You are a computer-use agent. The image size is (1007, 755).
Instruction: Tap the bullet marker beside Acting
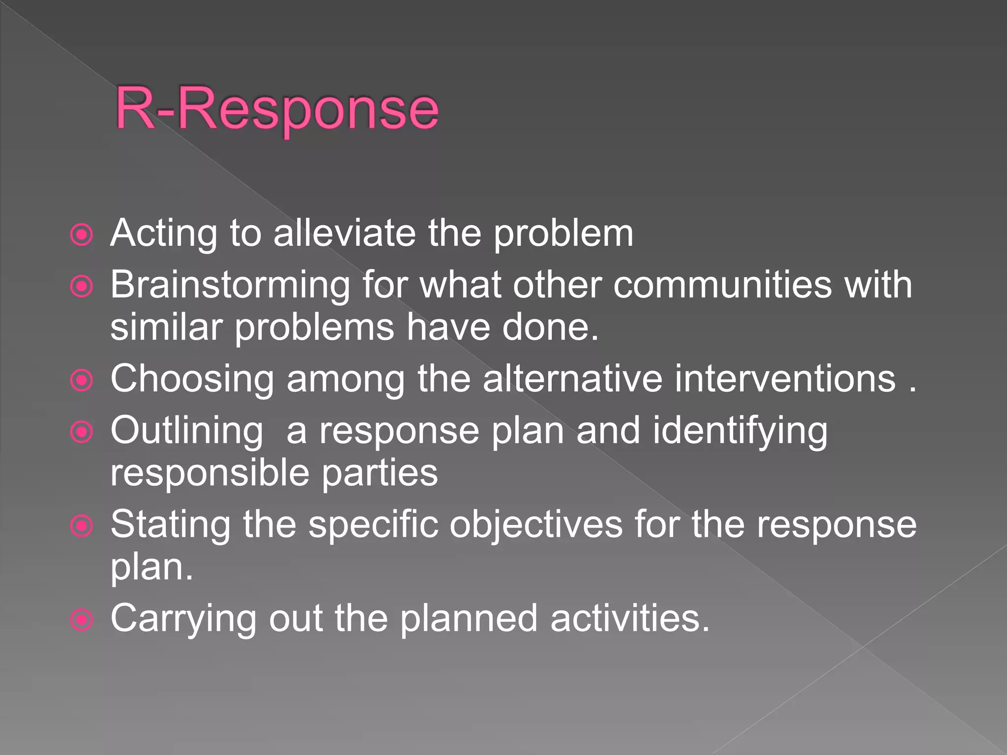(82, 235)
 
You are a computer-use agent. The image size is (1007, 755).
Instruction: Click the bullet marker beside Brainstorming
(82, 287)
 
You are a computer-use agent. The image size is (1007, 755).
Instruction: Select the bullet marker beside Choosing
(82, 380)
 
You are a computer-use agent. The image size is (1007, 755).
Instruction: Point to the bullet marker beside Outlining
(82, 432)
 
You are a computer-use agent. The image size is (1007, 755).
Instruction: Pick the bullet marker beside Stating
(82, 526)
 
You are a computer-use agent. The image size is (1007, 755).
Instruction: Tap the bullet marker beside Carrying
(82, 620)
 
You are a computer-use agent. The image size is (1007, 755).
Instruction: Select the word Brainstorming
(230, 285)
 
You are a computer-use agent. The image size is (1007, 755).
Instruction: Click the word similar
(166, 327)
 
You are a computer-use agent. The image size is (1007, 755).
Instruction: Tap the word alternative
(572, 379)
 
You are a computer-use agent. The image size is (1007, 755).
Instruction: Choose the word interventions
(785, 379)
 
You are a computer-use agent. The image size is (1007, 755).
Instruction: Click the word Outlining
(187, 431)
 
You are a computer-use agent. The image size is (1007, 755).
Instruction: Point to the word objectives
(536, 524)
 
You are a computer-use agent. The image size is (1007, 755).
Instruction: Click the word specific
(373, 524)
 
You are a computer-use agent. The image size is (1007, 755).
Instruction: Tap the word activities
(630, 618)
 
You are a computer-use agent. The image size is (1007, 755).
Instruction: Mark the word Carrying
(183, 619)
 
